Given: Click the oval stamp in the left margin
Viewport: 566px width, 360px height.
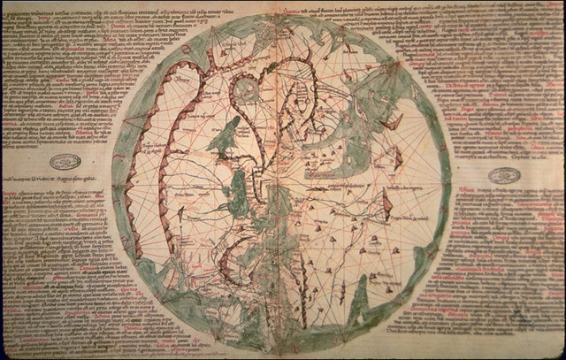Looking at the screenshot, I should [65, 162].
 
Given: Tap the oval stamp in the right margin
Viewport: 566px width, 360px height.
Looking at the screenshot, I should [503, 175].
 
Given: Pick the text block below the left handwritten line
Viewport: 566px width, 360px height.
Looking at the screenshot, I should [53, 265].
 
